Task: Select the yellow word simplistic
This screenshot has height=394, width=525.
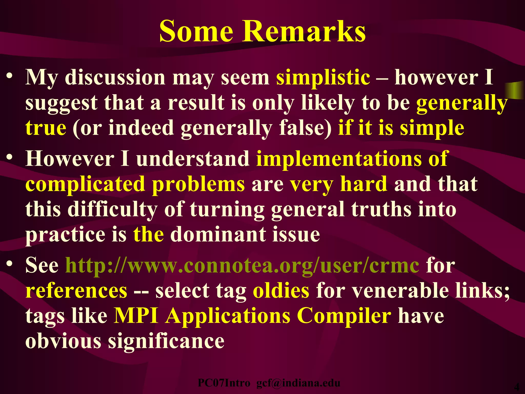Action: (x=323, y=77)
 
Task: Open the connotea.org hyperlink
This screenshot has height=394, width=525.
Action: (x=242, y=266)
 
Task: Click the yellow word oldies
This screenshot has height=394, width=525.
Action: (x=281, y=291)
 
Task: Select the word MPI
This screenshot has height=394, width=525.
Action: (x=136, y=316)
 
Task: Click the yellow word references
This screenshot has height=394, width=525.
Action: (x=76, y=291)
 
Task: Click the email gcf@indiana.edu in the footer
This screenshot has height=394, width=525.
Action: (x=298, y=383)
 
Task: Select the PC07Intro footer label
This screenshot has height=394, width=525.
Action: (x=224, y=383)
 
